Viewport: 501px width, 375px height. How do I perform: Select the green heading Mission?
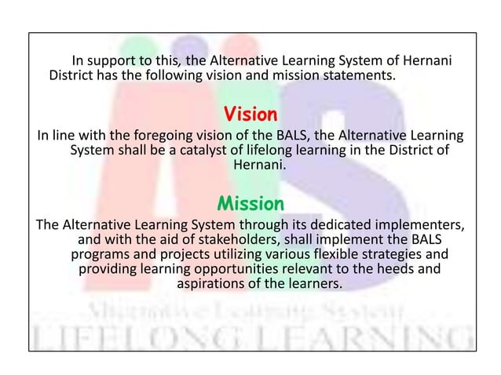[251, 205]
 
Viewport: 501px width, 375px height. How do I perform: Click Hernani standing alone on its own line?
[251, 166]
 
